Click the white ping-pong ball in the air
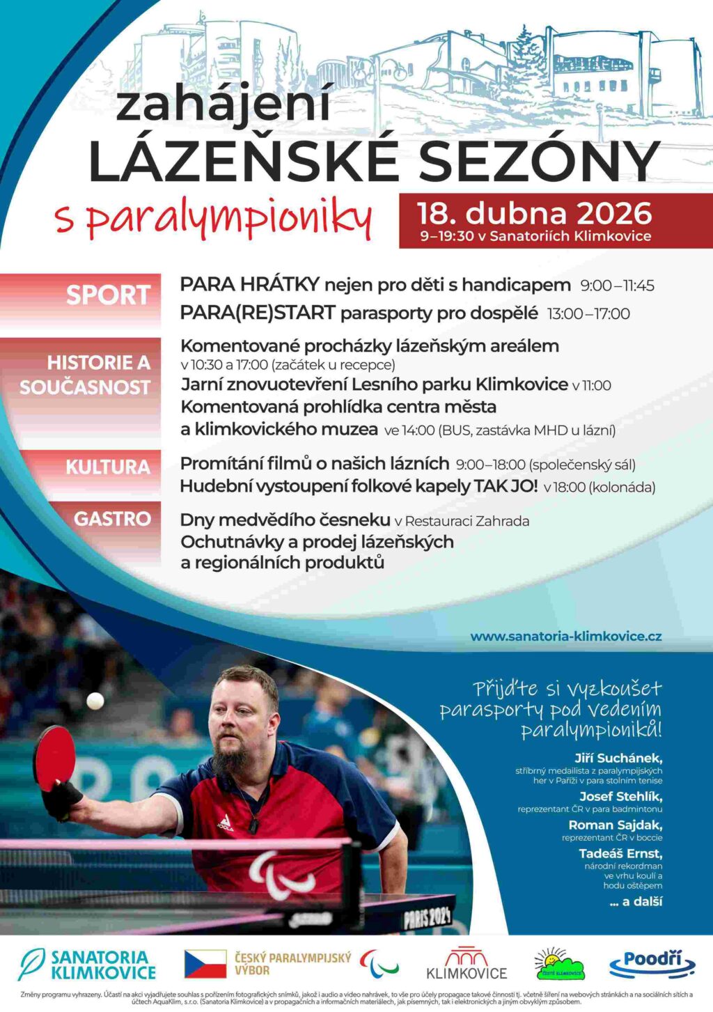tap(95, 701)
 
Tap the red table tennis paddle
tap(55, 758)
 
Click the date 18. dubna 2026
tap(534, 213)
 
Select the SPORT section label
tap(108, 295)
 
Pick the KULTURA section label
tap(108, 467)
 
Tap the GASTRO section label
tap(112, 519)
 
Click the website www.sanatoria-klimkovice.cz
tap(565, 636)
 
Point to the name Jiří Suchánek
tap(618, 758)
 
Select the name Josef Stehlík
tap(620, 796)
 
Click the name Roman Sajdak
tap(615, 825)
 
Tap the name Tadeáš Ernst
tap(620, 854)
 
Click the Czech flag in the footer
tap(205, 964)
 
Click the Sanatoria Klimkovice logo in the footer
tap(87, 965)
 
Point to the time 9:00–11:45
tap(617, 286)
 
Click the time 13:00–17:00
tap(588, 314)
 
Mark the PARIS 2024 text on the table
tap(428, 917)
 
